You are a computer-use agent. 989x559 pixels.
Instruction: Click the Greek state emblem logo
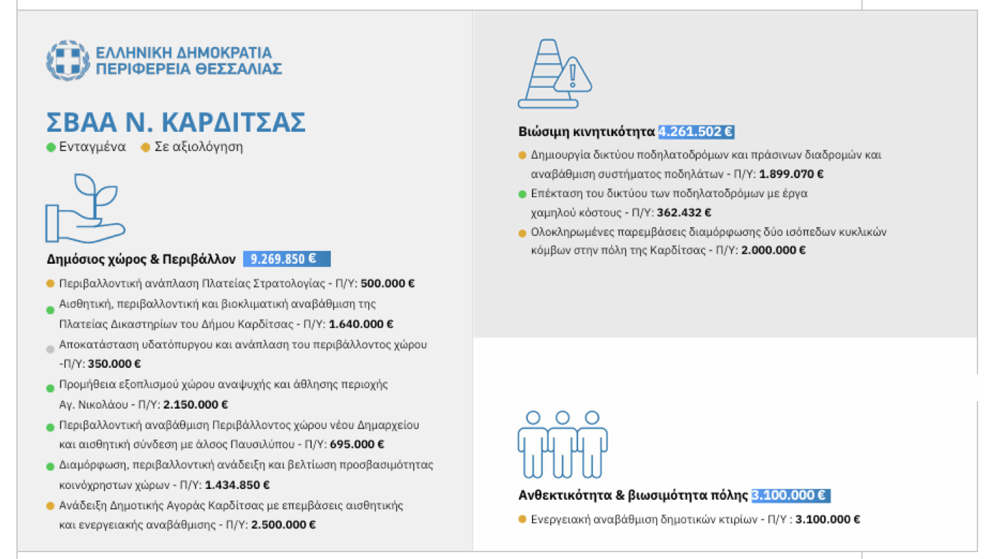pos(67,60)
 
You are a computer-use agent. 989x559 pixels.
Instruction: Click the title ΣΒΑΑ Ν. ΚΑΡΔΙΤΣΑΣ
pos(176,122)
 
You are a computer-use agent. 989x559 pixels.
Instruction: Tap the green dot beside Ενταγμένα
pos(50,147)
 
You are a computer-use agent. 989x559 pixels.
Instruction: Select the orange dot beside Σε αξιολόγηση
pos(145,147)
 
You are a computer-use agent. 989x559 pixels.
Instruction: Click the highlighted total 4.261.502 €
pos(696,132)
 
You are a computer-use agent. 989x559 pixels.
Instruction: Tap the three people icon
pos(562,444)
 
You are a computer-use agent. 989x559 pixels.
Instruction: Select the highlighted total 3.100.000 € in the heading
pos(791,495)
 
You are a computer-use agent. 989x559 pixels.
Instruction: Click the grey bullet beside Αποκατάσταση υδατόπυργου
pos(50,350)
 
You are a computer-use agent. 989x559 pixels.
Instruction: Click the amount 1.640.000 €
pos(365,324)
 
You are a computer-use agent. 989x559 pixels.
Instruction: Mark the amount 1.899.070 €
pos(792,173)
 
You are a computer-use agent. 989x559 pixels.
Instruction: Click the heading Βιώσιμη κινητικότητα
pos(586,132)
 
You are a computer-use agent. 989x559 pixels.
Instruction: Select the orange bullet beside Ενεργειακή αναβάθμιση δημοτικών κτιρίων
pos(522,520)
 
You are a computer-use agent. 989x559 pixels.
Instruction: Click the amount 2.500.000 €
pos(283,524)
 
